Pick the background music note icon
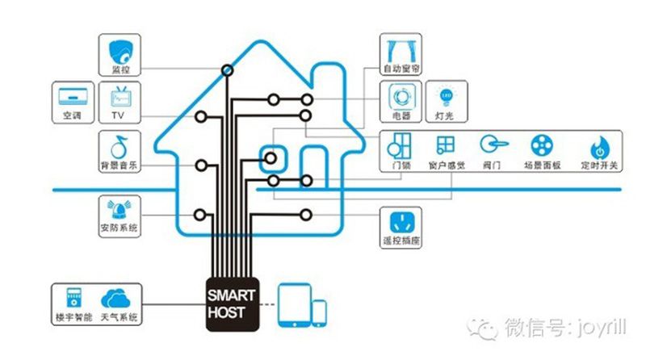pyautogui.click(x=120, y=146)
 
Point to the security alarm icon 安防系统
pyautogui.click(x=119, y=209)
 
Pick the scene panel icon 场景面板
pyautogui.click(x=542, y=146)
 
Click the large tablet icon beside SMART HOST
pyautogui.click(x=293, y=305)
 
